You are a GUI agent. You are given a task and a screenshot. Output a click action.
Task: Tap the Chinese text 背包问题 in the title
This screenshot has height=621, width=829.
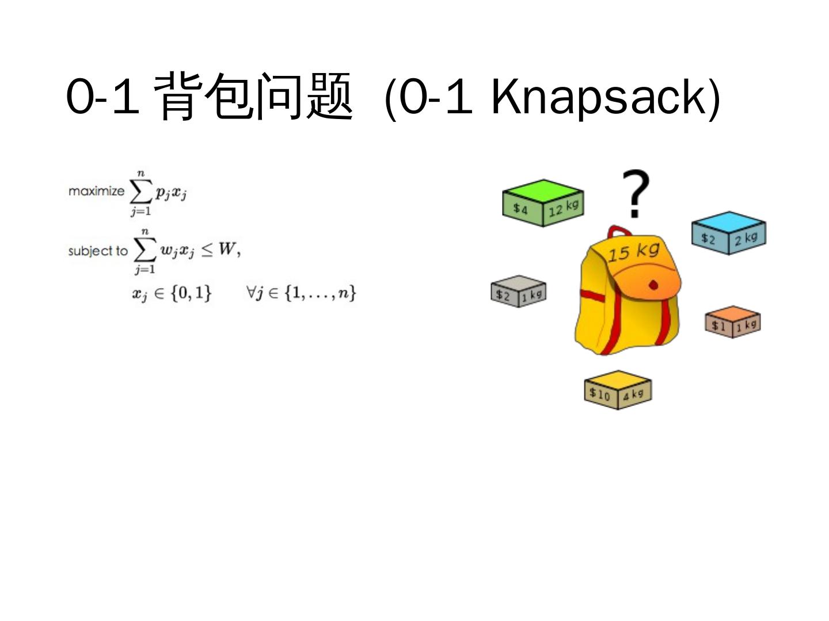(x=253, y=97)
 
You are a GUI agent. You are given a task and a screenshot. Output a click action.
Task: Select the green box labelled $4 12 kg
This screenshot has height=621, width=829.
(x=543, y=202)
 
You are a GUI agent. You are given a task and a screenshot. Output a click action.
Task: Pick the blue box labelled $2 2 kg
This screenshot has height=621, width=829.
(x=729, y=232)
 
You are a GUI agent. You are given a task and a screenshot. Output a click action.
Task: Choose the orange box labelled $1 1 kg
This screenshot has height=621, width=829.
(x=733, y=321)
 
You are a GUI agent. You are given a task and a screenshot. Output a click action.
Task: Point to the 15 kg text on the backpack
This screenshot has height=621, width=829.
(x=633, y=252)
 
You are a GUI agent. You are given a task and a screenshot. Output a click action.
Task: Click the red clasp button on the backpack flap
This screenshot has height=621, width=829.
(x=653, y=285)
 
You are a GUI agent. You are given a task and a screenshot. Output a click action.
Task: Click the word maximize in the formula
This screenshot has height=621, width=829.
(x=96, y=191)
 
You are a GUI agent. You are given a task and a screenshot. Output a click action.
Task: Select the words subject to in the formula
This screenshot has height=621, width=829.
(x=97, y=251)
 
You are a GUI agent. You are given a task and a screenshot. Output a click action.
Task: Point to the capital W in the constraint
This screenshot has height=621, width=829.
(x=227, y=249)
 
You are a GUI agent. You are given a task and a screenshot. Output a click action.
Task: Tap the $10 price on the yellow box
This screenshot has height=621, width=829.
(x=599, y=394)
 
